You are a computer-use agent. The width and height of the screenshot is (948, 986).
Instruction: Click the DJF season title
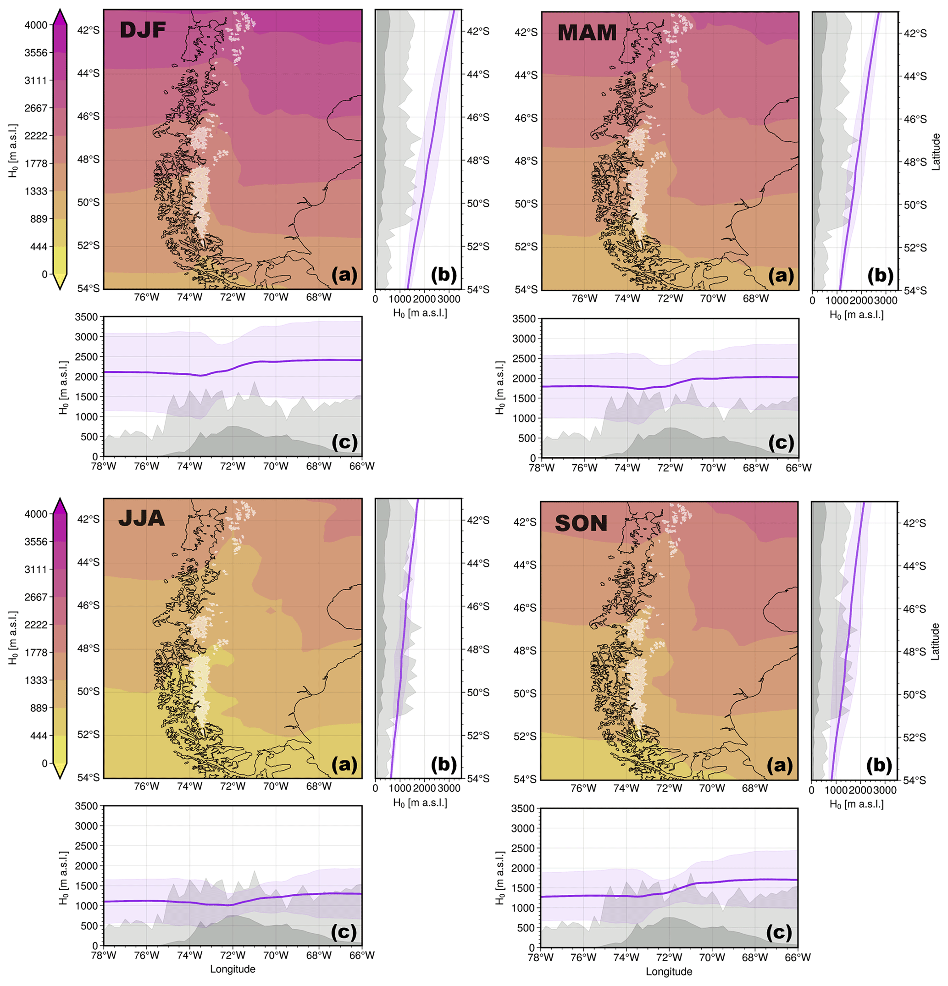(x=143, y=31)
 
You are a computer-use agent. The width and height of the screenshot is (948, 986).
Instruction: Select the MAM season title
(x=587, y=33)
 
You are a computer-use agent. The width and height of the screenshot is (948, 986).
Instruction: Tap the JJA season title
(x=141, y=519)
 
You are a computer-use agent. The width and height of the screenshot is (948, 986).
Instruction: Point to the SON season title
(x=581, y=524)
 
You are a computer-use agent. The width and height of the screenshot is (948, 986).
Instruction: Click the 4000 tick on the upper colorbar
(x=36, y=25)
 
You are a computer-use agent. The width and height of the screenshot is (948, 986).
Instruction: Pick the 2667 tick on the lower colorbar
(x=36, y=597)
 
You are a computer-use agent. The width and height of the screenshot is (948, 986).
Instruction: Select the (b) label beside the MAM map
(x=880, y=275)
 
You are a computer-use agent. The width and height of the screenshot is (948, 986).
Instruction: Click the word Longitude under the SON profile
(x=669, y=971)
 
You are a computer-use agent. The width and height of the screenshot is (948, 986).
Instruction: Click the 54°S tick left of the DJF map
(x=89, y=288)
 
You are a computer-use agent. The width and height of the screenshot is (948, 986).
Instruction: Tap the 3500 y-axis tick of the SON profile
(x=522, y=809)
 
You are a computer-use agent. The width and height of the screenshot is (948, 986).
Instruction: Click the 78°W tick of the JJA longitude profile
(x=103, y=955)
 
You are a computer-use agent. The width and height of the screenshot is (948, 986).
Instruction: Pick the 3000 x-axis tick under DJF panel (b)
(x=449, y=299)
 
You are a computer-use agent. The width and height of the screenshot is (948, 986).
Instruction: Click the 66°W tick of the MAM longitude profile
(x=798, y=468)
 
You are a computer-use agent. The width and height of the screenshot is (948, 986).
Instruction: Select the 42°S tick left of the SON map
(x=525, y=522)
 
